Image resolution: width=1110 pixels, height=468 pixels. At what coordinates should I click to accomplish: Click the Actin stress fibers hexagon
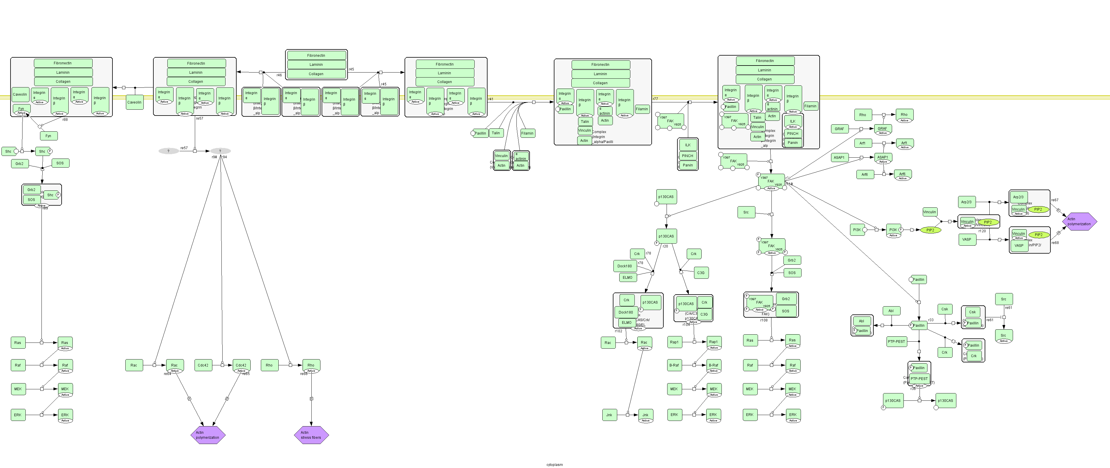[311, 435]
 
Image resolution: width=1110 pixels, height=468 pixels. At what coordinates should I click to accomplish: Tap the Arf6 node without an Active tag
[864, 174]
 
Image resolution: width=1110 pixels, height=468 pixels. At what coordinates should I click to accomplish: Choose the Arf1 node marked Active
[904, 143]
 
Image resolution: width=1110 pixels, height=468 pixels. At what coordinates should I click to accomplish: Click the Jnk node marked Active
[645, 415]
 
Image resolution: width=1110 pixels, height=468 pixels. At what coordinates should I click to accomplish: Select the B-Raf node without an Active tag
[674, 365]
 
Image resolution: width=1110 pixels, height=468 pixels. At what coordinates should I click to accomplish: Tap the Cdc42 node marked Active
[241, 365]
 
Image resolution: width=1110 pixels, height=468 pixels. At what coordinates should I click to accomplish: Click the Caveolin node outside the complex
[134, 102]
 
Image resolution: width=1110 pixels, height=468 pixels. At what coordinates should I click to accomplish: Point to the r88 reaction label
[65, 119]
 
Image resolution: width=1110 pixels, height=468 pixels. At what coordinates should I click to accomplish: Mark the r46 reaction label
[279, 75]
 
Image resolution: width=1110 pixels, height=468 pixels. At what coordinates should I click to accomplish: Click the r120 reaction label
[982, 231]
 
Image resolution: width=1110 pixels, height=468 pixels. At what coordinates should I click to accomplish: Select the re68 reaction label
[1055, 243]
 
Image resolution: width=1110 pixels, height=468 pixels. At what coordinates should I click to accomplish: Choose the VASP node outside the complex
[967, 239]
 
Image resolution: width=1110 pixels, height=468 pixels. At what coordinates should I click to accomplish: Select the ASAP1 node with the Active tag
[882, 157]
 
